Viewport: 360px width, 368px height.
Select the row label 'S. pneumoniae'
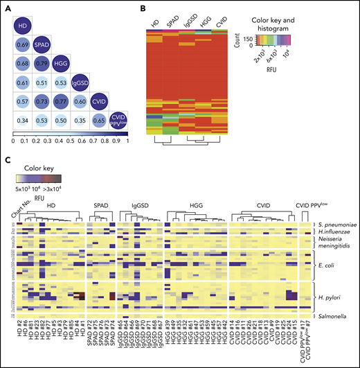pyautogui.click(x=334, y=225)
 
